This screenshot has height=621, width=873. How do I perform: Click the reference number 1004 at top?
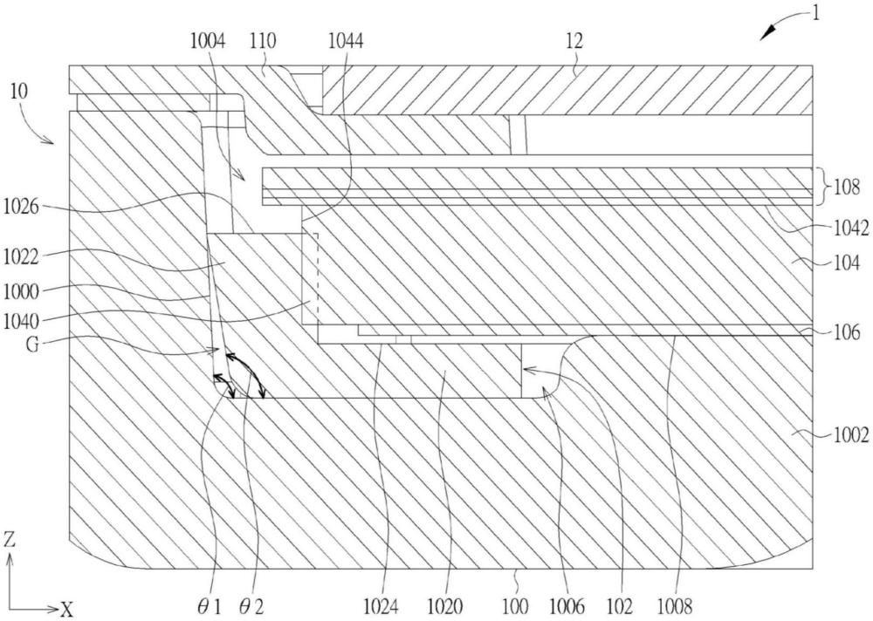(x=208, y=41)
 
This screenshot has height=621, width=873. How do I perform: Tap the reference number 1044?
(x=346, y=41)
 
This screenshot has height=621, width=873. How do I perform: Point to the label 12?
(x=574, y=41)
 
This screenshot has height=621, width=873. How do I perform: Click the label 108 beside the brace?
(x=846, y=187)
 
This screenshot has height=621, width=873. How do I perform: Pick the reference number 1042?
(x=850, y=229)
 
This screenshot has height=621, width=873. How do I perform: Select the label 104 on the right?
(x=846, y=263)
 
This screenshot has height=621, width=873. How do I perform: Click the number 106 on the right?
(x=846, y=332)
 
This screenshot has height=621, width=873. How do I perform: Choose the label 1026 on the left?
(x=22, y=207)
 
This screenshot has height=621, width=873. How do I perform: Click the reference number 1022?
(x=22, y=257)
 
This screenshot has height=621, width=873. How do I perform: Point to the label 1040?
(x=22, y=321)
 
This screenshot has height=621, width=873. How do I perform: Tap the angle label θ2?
(x=251, y=605)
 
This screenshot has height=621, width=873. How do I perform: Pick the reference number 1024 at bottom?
(x=382, y=605)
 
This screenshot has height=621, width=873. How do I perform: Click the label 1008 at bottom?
(x=676, y=605)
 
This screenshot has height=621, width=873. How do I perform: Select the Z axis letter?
(x=10, y=540)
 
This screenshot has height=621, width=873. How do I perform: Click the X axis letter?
(x=67, y=610)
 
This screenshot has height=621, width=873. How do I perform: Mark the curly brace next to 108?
(x=821, y=187)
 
